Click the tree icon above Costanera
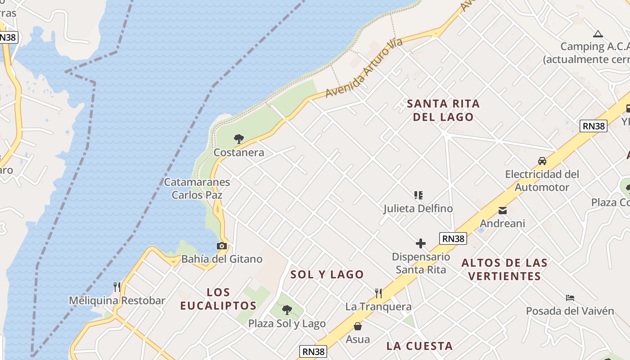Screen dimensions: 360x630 pyautogui.click(x=239, y=139)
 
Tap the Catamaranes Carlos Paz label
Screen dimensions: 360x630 pyautogui.click(x=197, y=189)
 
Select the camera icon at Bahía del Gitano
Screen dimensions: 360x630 pyautogui.click(x=221, y=246)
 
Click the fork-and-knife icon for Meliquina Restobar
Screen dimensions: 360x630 pyautogui.click(x=117, y=287)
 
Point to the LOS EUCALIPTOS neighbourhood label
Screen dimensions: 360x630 pyautogui.click(x=219, y=299)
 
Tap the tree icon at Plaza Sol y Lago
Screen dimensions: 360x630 pyautogui.click(x=287, y=310)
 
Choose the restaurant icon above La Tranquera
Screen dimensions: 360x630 pyautogui.click(x=378, y=293)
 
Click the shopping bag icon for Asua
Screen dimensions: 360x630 pyautogui.click(x=358, y=326)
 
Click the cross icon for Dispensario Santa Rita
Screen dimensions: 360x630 pyautogui.click(x=421, y=243)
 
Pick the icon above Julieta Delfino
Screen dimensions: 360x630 pyautogui.click(x=418, y=195)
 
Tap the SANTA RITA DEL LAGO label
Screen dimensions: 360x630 pyautogui.click(x=443, y=110)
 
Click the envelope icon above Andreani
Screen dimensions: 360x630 pyautogui.click(x=503, y=210)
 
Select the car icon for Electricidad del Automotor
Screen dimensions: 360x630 pyautogui.click(x=542, y=161)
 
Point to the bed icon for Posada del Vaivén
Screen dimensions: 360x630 pyautogui.click(x=570, y=297)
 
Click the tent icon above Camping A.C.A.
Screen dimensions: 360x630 pyautogui.click(x=598, y=34)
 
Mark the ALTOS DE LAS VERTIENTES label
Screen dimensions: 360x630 pyautogui.click(x=504, y=269)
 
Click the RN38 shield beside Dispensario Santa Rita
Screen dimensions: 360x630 pyautogui.click(x=453, y=238)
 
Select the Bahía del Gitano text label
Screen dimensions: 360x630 pyautogui.click(x=222, y=259)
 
